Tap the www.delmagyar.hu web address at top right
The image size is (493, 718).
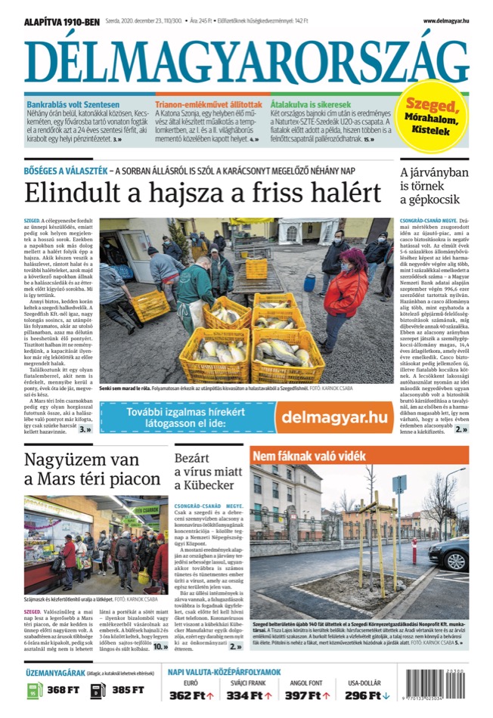(x=445, y=21)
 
